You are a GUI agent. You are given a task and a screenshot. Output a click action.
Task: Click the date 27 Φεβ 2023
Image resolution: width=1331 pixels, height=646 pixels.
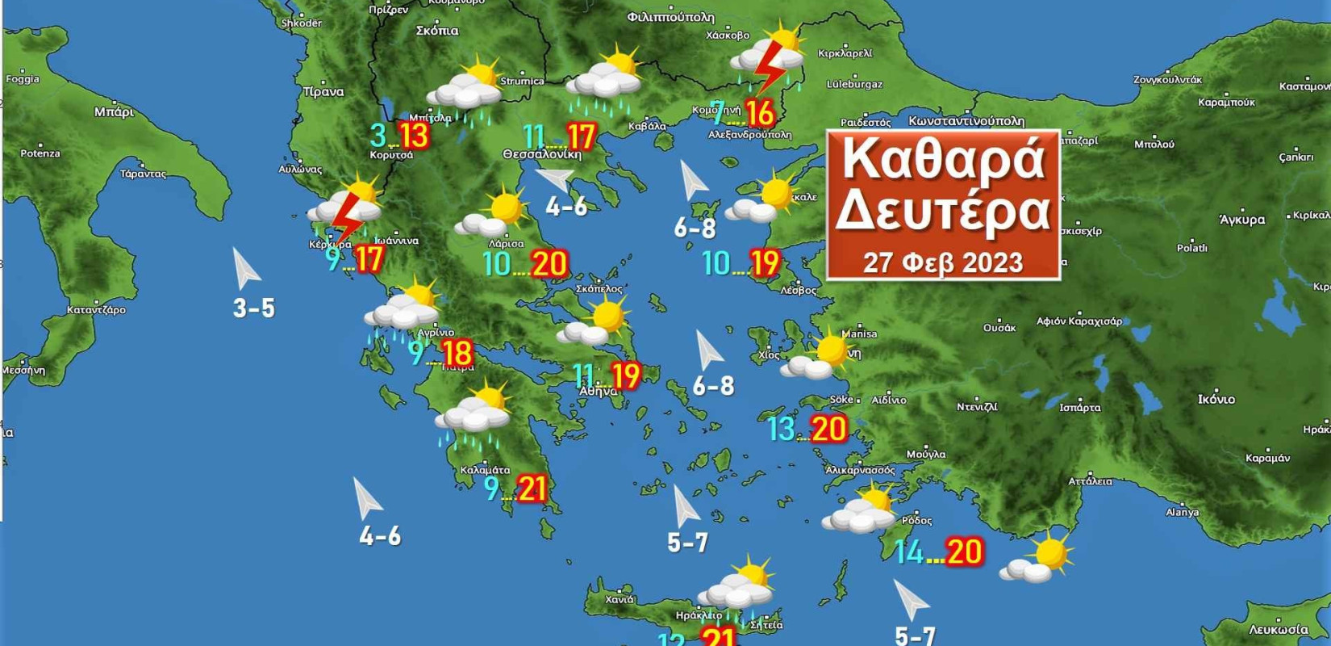click(942, 262)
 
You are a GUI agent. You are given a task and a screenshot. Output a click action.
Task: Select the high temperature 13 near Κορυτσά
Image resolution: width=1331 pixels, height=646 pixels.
click(414, 135)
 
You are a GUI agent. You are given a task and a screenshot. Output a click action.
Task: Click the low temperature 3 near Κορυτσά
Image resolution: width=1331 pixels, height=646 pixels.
click(378, 135)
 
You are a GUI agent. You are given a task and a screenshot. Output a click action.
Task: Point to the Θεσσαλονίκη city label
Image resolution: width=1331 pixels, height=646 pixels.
click(541, 154)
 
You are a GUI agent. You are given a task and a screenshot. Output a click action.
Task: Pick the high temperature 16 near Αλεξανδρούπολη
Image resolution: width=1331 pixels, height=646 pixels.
click(760, 112)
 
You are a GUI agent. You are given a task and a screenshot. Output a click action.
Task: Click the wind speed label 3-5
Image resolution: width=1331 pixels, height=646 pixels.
click(254, 308)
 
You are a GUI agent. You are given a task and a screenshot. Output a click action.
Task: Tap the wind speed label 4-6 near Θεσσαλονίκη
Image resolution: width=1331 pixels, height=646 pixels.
click(566, 207)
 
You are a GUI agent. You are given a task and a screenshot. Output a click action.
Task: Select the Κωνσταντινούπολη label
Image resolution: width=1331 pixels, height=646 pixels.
click(966, 121)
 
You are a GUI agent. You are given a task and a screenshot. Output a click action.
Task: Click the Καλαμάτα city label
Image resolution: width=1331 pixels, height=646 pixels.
click(485, 470)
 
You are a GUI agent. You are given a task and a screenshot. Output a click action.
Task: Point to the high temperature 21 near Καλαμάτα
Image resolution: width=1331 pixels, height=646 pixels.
click(532, 489)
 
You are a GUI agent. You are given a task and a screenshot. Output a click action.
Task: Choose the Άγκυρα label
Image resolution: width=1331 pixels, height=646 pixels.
click(1242, 219)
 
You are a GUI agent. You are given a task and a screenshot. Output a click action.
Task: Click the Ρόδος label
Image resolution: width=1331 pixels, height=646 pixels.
click(916, 520)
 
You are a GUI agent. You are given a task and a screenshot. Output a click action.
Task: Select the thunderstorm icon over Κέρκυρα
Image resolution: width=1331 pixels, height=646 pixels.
click(347, 212)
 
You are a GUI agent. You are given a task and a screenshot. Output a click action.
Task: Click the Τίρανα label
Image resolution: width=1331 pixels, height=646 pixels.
click(323, 92)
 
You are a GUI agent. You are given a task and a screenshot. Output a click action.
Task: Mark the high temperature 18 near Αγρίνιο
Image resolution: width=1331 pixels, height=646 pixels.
click(457, 353)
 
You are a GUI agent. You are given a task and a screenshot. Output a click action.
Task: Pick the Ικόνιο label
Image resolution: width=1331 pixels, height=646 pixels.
click(1216, 399)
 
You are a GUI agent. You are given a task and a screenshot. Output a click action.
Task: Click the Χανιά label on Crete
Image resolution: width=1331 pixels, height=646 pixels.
click(619, 599)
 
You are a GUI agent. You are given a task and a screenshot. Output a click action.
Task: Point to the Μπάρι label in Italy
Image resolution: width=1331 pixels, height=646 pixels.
click(114, 111)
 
